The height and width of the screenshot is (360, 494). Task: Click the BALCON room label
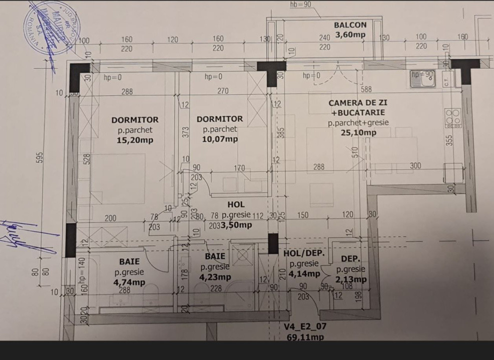click(x=350, y=24)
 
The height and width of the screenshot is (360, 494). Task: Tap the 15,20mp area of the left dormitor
click(x=135, y=140)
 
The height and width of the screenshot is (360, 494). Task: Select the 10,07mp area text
click(x=220, y=139)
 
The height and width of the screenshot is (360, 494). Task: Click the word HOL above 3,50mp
click(x=236, y=204)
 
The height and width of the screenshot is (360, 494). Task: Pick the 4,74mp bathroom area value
click(x=129, y=282)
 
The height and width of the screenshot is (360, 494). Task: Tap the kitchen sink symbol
click(x=423, y=79)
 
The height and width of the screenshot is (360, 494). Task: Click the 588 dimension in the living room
click(x=367, y=90)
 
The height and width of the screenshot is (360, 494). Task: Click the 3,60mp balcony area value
click(x=350, y=34)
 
